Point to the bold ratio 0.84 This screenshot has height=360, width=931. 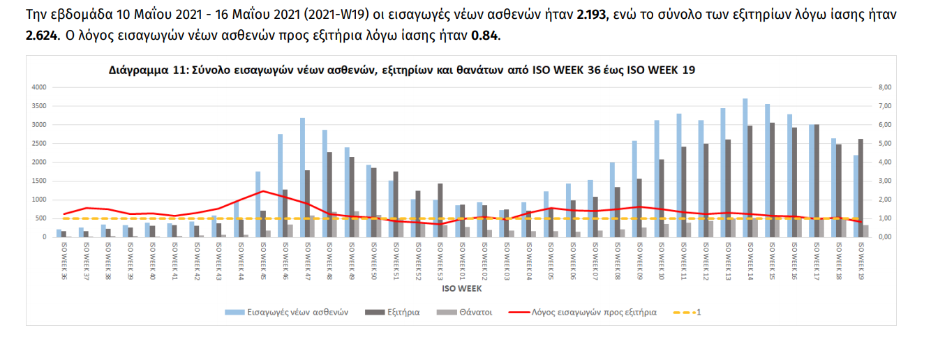click(484, 34)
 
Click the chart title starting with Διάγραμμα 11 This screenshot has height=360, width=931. click(401, 70)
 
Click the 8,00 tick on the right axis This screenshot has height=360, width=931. click(884, 87)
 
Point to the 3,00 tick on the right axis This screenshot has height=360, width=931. click(884, 181)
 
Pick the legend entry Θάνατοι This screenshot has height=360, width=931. click(475, 313)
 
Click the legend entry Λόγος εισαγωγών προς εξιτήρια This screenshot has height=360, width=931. click(594, 313)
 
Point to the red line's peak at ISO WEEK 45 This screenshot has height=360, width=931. click(262, 190)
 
